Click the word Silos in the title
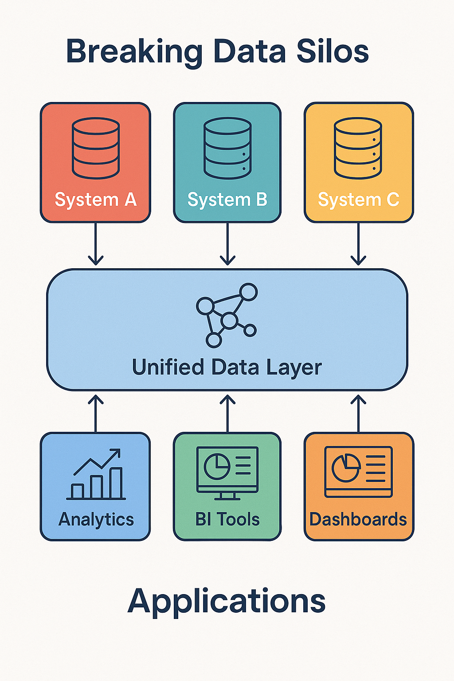(333, 51)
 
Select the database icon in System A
(96, 148)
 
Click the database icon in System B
(227, 148)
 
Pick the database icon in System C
(358, 148)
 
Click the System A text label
(96, 200)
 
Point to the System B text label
(227, 200)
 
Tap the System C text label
(359, 200)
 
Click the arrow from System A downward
(96, 244)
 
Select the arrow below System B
(227, 244)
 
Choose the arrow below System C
(358, 244)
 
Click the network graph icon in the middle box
(227, 315)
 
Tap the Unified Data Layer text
(227, 368)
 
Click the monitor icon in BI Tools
(227, 473)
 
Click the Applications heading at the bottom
(227, 602)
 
